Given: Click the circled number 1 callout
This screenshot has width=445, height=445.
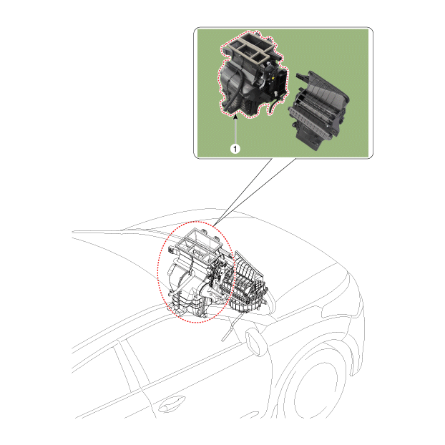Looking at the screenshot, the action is pyautogui.click(x=235, y=148).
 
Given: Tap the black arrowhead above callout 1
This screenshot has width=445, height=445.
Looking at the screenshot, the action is pyautogui.click(x=235, y=116).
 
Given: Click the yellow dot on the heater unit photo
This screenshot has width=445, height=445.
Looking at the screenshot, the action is pyautogui.click(x=273, y=77).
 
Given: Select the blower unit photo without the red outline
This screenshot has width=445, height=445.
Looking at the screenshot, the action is pyautogui.click(x=318, y=110).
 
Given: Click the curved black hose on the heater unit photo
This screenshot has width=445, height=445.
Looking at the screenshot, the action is pyautogui.click(x=235, y=88).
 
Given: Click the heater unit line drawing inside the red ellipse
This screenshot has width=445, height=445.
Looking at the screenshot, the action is pyautogui.click(x=197, y=272).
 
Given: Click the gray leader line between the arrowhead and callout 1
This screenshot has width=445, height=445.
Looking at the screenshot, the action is pyautogui.click(x=235, y=132).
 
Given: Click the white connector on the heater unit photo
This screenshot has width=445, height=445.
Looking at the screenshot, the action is pyautogui.click(x=275, y=93).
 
